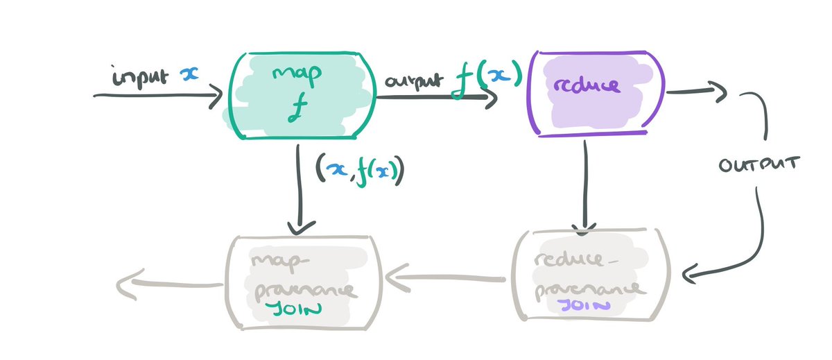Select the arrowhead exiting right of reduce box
(721, 90)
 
